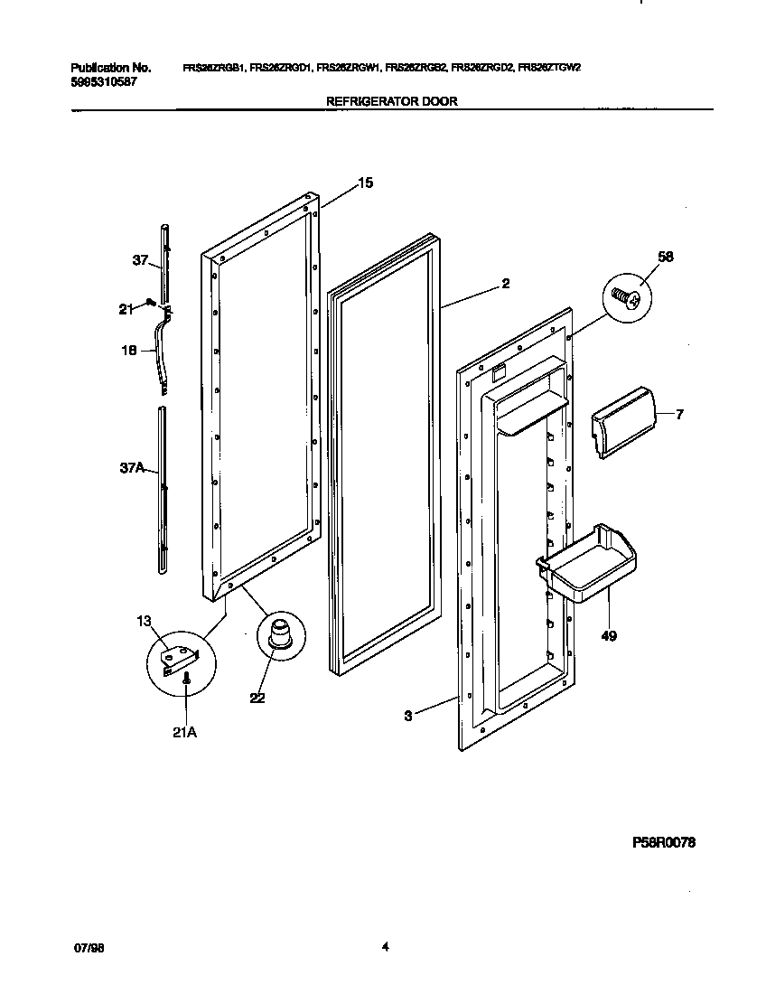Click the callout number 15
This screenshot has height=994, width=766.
[x=365, y=183]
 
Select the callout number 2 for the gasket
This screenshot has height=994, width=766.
[x=506, y=284]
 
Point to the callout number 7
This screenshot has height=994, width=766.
[x=679, y=415]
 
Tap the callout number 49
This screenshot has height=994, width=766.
[x=608, y=637]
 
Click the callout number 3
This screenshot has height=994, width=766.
[x=408, y=716]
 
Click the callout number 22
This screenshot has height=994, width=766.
[x=257, y=697]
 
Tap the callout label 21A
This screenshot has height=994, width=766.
[x=183, y=732]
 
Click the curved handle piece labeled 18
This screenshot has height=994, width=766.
[x=163, y=348]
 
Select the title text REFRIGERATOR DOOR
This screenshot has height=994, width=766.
[x=391, y=102]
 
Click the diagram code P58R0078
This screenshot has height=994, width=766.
[x=664, y=842]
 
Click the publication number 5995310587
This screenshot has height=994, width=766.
[x=102, y=81]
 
